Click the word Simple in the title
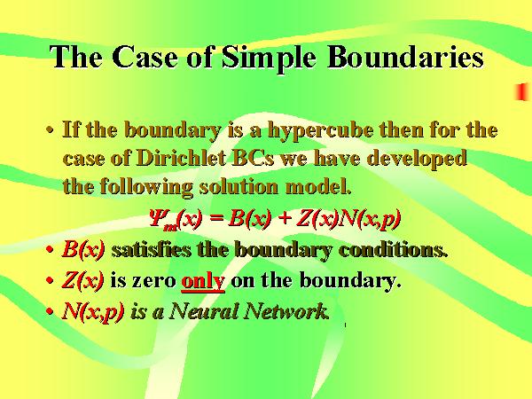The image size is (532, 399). (269, 58)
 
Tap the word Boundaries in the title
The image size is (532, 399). (405, 57)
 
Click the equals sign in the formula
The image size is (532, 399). (216, 218)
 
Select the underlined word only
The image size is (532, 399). (203, 281)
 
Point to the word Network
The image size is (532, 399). (286, 311)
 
